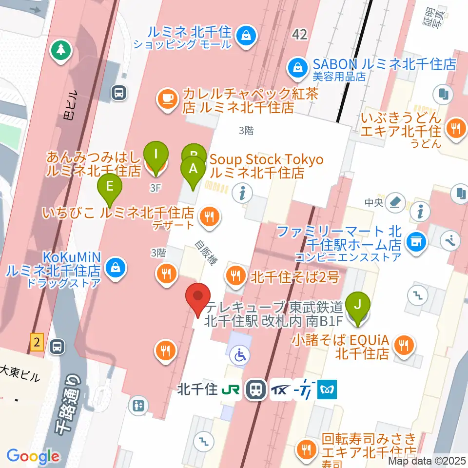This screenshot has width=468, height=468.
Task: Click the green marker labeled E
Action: coord(110,186)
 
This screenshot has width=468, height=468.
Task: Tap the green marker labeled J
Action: coord(358,305)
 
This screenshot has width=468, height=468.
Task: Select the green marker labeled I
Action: coord(156,155)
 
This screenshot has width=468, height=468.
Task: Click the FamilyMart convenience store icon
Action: coord(416,240)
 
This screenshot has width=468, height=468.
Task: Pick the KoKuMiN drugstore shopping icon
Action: coord(116,268)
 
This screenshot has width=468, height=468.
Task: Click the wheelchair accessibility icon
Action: coord(241,355)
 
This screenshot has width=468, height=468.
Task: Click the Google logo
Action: coord(33,456)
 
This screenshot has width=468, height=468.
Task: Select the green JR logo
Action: coord(231,390)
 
